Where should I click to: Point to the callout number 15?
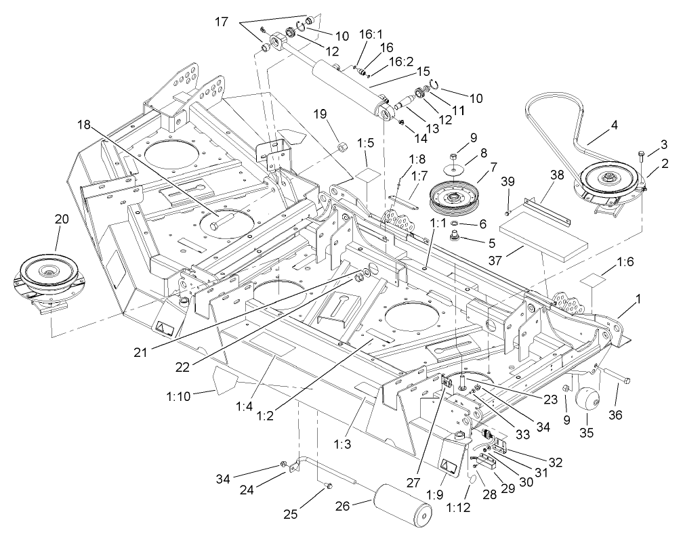tap(423, 70)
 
